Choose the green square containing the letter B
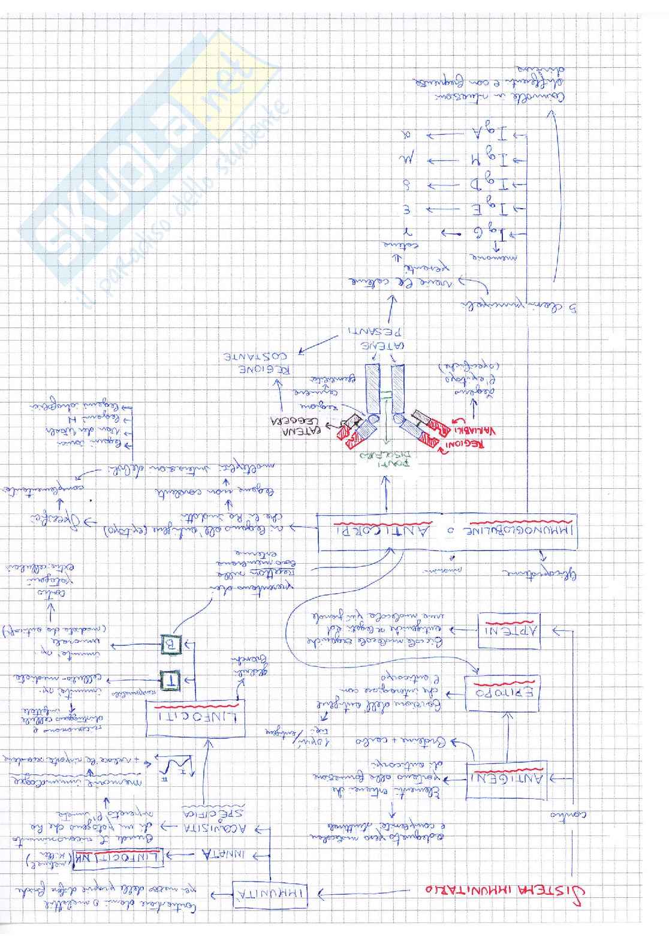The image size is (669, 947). [171, 645]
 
